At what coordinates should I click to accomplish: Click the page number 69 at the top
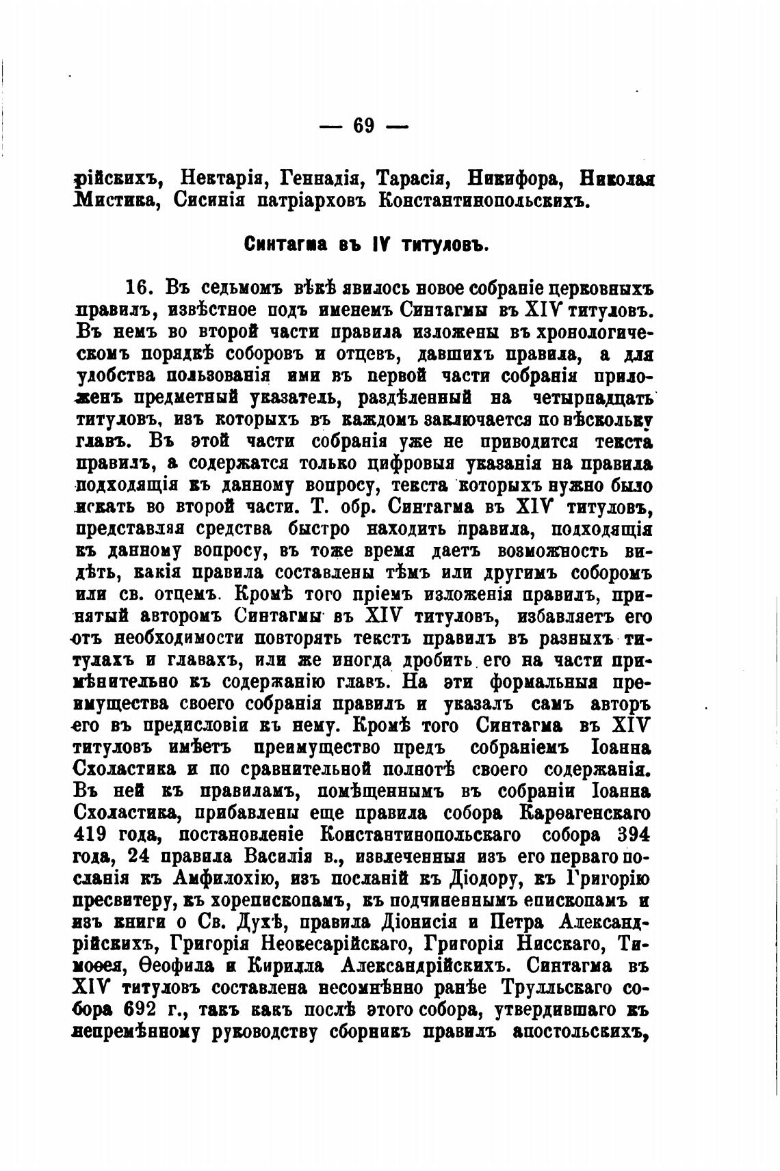pyautogui.click(x=363, y=126)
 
